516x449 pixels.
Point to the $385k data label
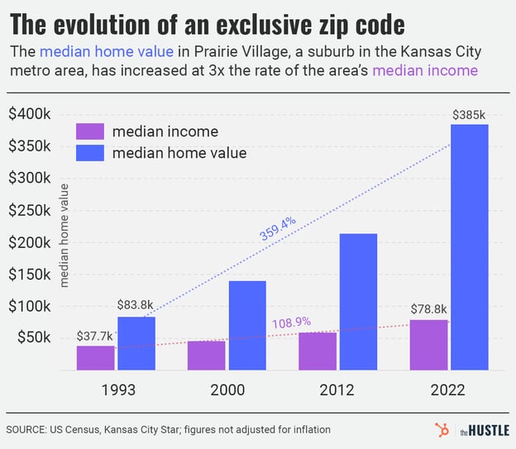[470, 114]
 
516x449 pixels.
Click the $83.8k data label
[135, 305]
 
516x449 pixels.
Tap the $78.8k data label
[428, 308]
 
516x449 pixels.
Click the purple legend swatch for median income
[89, 131]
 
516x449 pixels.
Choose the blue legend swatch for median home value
[89, 152]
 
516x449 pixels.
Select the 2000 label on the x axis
[227, 390]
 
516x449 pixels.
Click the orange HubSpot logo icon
[440, 429]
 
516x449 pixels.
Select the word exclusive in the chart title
[282, 21]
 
